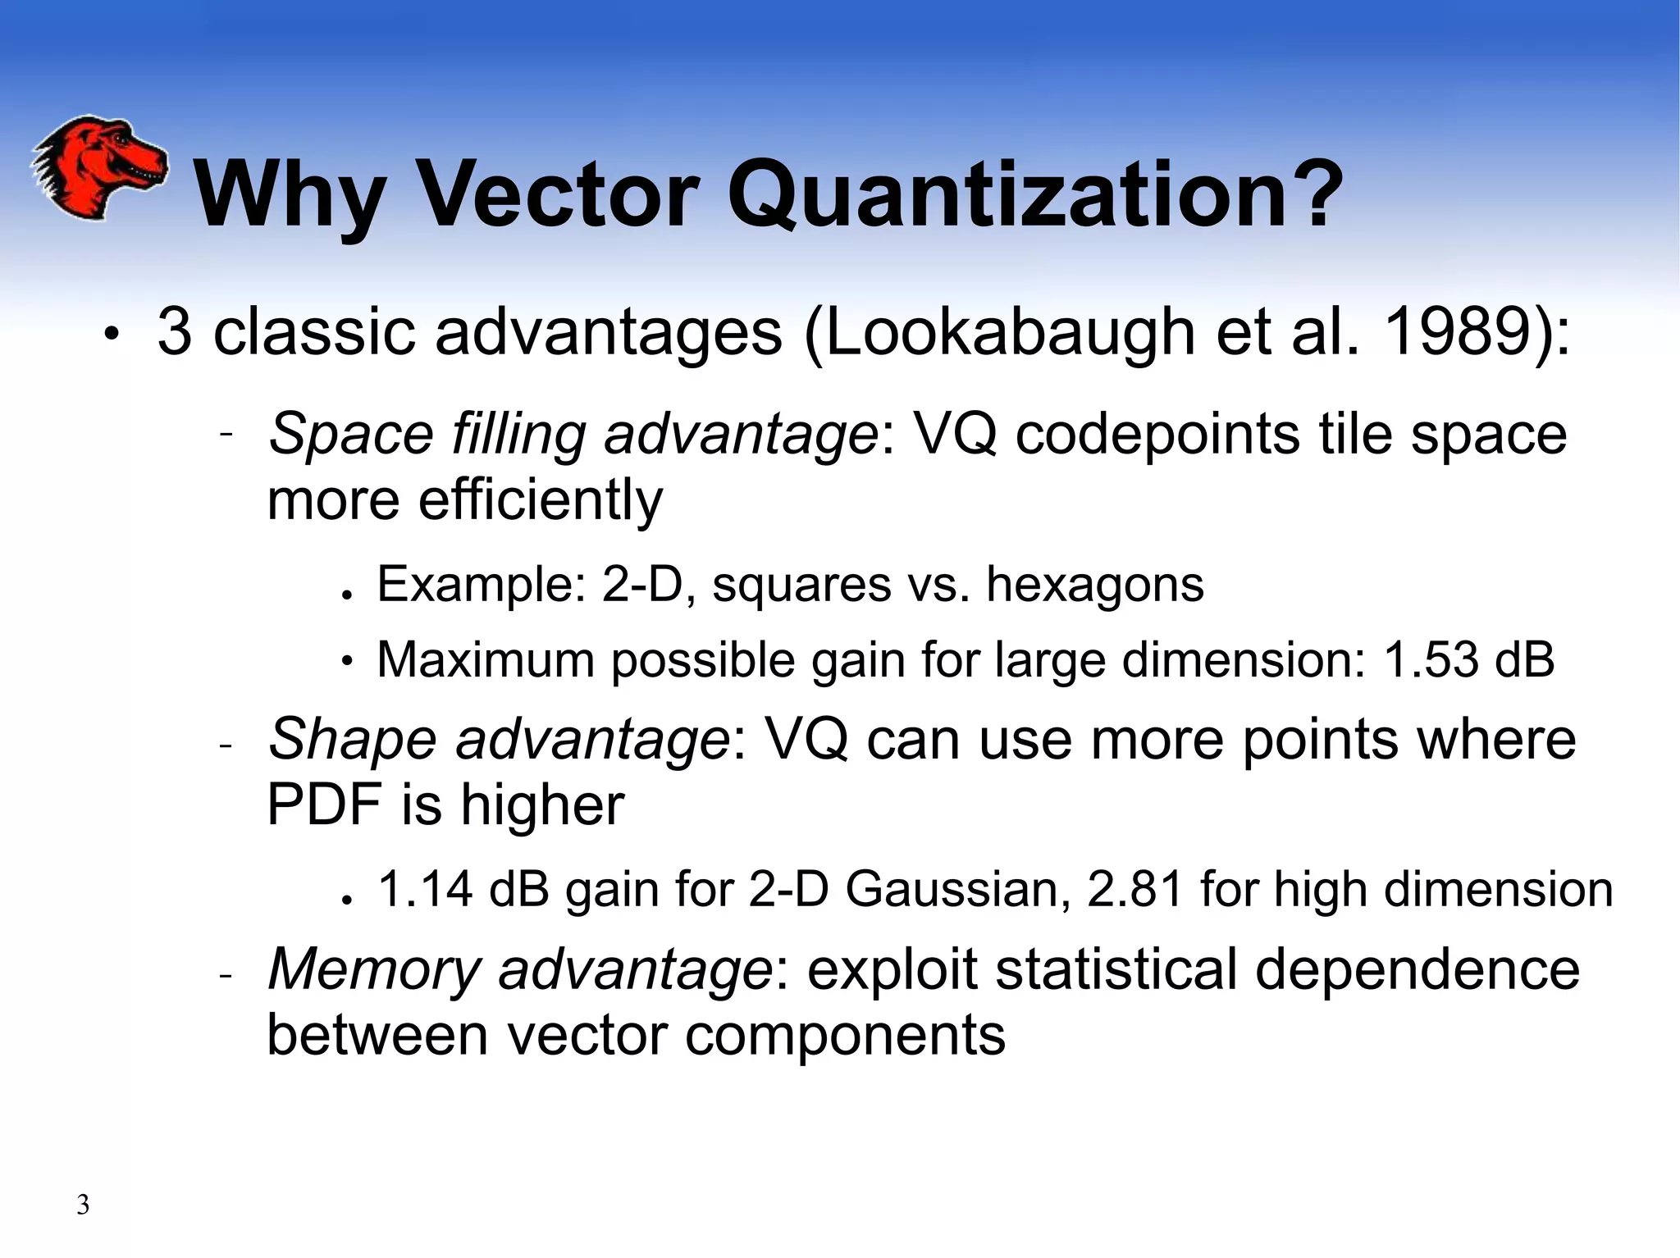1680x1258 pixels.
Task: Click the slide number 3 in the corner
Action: coord(83,1205)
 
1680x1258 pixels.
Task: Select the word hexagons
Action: coord(1094,585)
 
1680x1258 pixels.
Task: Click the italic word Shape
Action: coord(352,739)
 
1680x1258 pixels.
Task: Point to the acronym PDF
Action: coord(324,804)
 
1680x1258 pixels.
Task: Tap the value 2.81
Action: coord(1133,890)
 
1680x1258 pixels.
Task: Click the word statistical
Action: coord(1116,969)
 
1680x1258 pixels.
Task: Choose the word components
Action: coord(845,1036)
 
